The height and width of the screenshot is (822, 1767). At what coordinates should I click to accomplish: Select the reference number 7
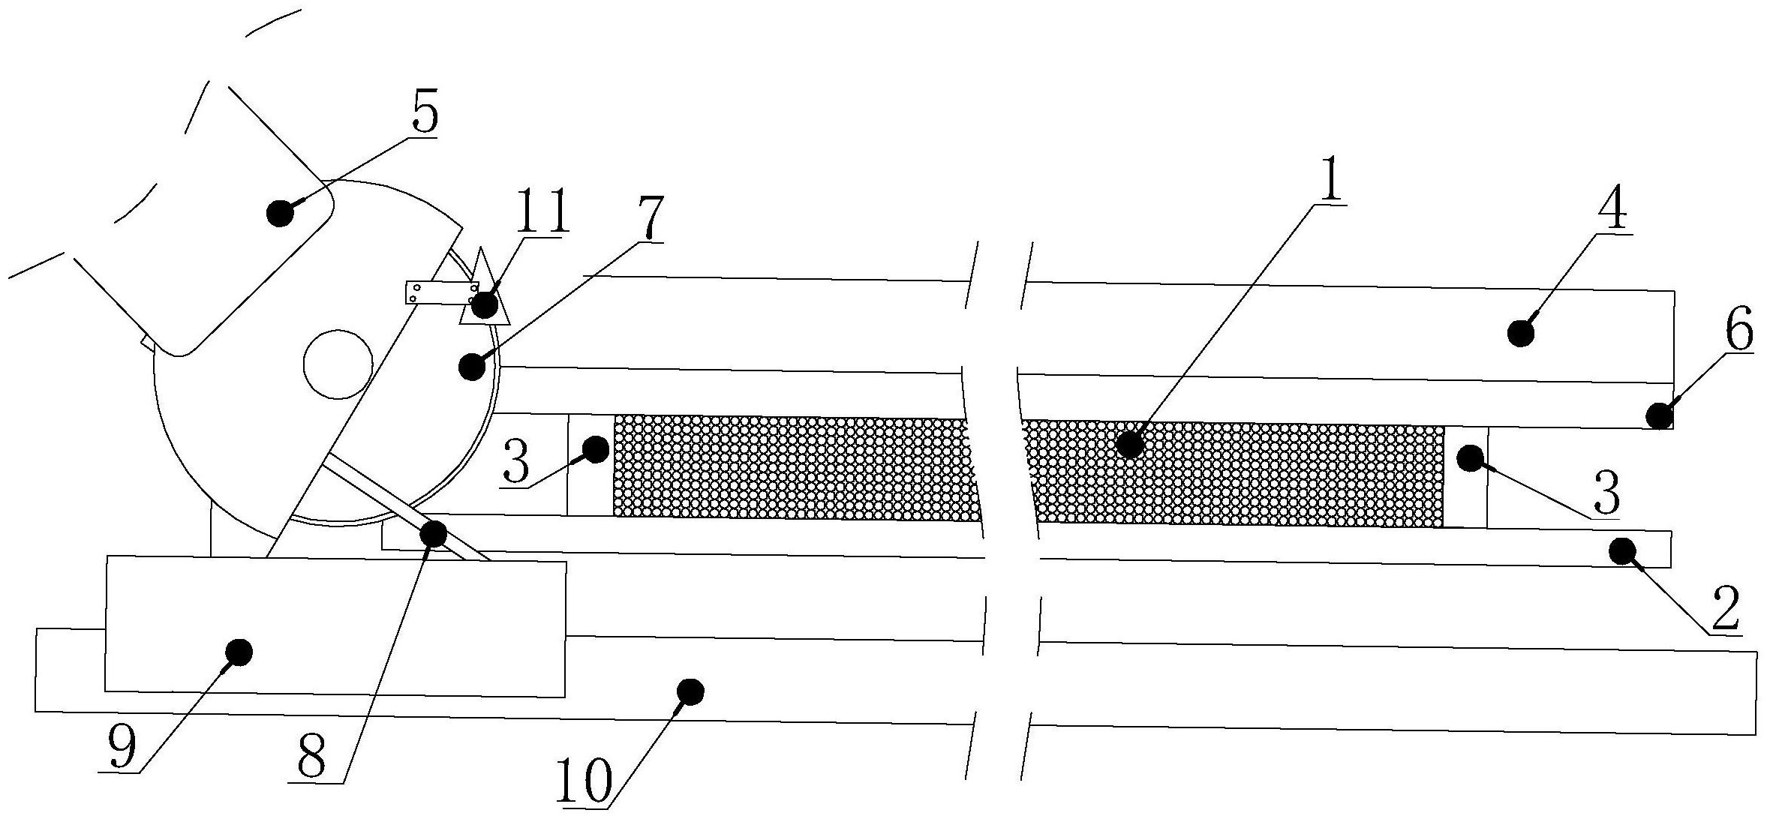650,217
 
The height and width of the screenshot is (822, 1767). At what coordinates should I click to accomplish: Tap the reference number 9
122,746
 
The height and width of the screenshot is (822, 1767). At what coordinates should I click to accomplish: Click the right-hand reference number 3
1606,493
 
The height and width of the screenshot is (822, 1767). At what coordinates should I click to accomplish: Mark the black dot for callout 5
281,213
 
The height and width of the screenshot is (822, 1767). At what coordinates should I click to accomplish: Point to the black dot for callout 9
239,652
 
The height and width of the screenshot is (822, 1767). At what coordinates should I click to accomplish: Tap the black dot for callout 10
690,691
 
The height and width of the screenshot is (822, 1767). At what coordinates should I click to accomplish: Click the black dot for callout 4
1521,332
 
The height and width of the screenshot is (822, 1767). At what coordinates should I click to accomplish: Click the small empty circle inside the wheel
338,364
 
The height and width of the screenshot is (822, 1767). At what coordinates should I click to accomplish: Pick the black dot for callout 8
434,533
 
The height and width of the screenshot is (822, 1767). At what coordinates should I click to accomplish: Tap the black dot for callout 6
1660,415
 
